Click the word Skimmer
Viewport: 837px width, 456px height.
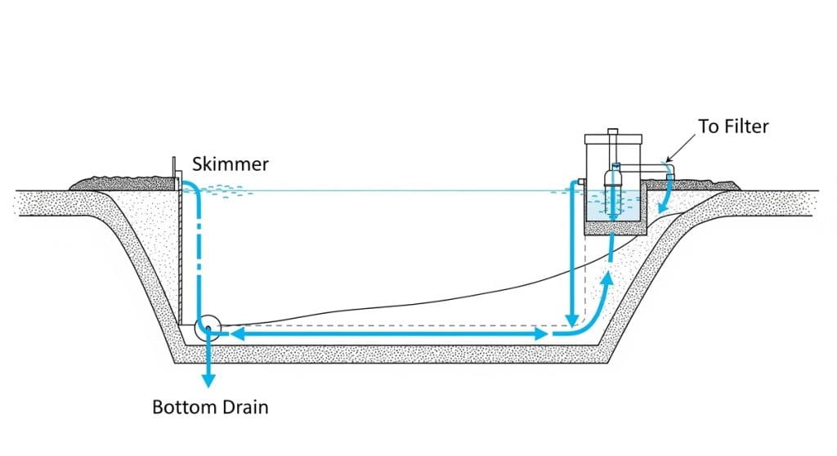(231, 164)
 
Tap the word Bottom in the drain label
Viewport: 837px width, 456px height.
(181, 406)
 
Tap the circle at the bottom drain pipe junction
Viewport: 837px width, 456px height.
(208, 328)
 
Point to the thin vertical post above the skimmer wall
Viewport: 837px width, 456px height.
(173, 168)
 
